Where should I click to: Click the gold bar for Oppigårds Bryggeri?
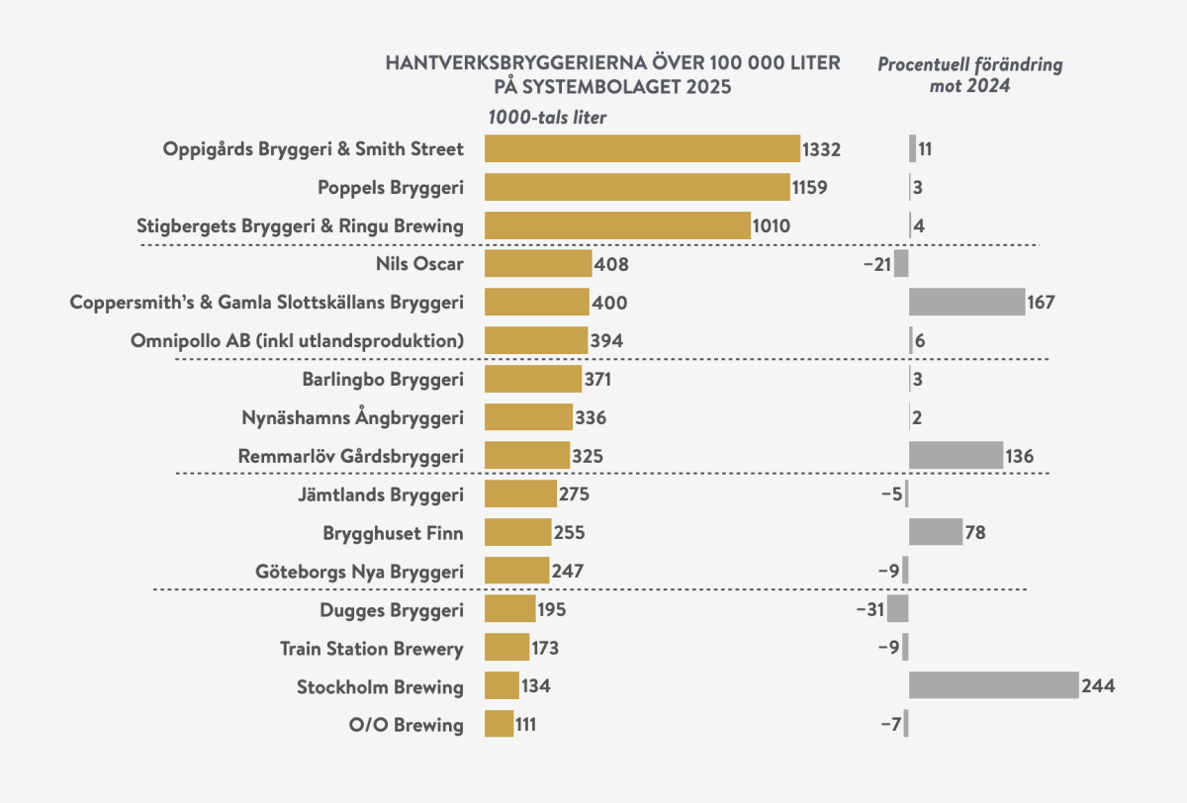point(642,148)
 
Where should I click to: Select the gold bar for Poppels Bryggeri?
point(637,187)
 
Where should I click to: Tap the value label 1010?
point(772,225)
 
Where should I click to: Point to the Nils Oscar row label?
point(419,264)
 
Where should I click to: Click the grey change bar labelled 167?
point(966,302)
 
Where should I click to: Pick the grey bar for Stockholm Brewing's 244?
point(993,685)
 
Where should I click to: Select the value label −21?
point(876,264)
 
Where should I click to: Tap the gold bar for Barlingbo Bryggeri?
point(533,379)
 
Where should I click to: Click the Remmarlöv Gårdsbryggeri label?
point(350,456)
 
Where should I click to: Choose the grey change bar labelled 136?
point(956,456)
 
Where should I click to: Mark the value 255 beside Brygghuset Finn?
point(569,533)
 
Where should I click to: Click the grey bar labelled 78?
point(935,533)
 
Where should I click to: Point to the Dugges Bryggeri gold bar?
point(509,609)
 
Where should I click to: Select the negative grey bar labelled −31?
point(897,609)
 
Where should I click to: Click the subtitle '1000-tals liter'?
point(547,117)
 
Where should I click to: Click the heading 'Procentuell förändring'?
point(970,65)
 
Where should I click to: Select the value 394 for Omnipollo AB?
point(606,340)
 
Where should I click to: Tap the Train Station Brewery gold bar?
point(506,648)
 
